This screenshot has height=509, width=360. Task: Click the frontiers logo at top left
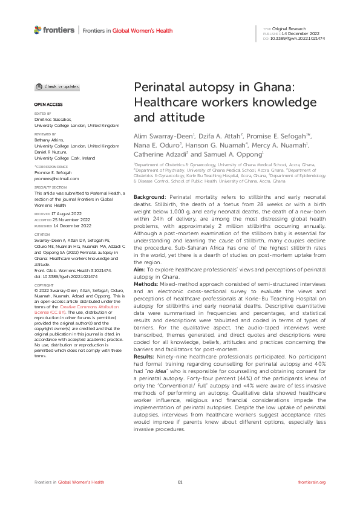click(x=54, y=30)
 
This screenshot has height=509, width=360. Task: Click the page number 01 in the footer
click(x=180, y=482)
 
